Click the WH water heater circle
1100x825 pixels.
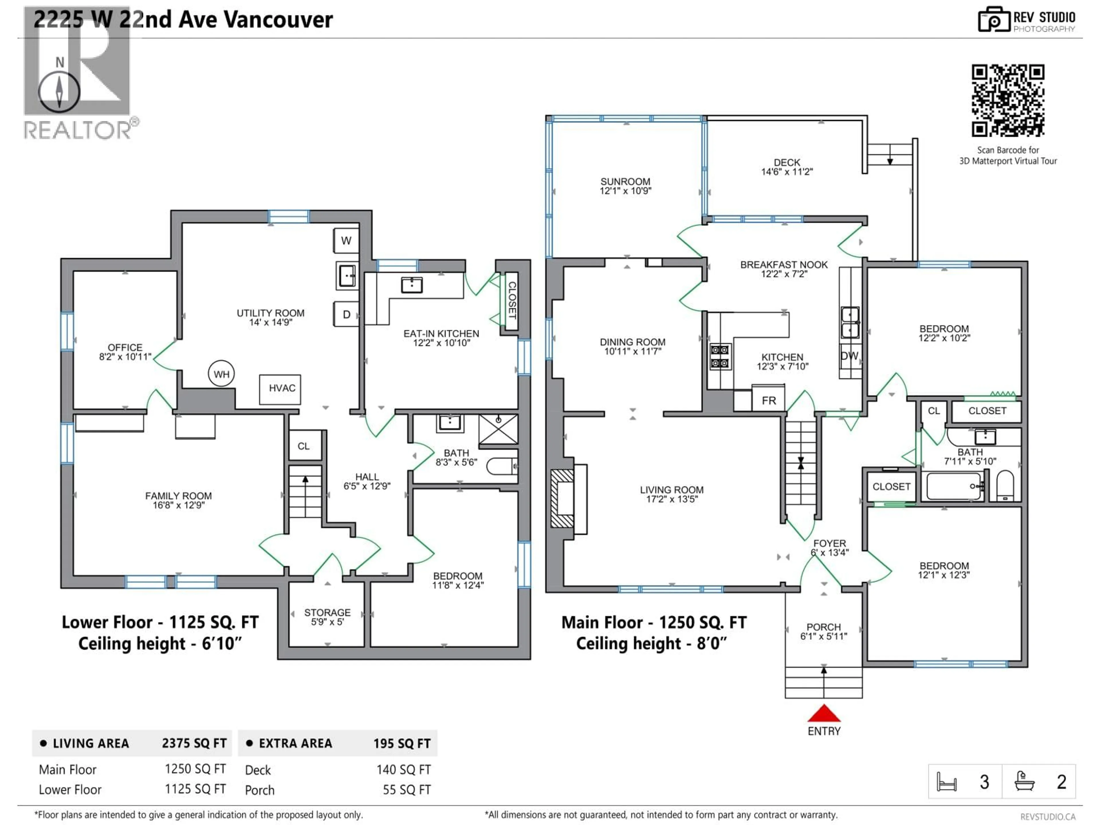(221, 374)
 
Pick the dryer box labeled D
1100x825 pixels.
(346, 314)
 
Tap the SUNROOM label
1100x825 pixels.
(625, 182)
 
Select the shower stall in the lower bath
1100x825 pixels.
(498, 428)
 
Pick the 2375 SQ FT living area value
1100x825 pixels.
(194, 743)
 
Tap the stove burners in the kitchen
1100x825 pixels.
(720, 357)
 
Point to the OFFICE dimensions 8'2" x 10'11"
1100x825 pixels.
(125, 357)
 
